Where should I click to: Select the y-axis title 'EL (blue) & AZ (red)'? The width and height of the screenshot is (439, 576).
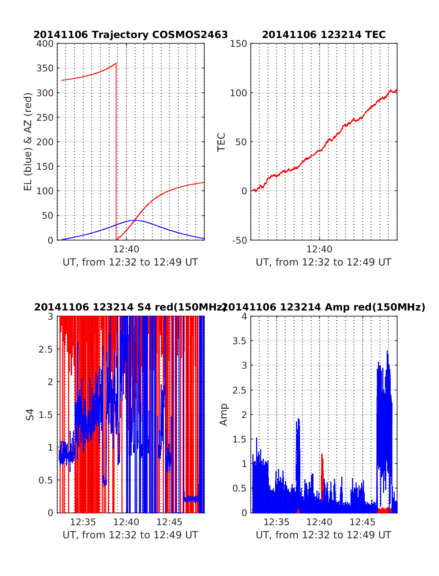(28, 142)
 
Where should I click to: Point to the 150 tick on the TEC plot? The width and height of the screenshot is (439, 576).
(239, 44)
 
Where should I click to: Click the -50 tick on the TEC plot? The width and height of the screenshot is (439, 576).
(240, 240)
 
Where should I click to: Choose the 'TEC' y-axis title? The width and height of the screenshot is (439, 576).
(221, 142)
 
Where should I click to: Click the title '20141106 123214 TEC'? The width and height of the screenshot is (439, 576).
(324, 35)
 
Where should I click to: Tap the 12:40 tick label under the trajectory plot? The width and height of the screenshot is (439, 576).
(126, 249)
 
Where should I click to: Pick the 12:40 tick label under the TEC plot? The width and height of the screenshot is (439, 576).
(319, 249)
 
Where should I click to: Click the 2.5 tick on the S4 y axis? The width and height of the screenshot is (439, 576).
(46, 349)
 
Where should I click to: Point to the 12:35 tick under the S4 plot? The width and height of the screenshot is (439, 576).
(83, 522)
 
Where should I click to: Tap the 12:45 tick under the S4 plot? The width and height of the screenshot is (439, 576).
(169, 522)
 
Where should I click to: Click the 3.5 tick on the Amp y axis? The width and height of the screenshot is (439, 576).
(240, 341)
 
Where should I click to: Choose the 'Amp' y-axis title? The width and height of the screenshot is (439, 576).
(223, 415)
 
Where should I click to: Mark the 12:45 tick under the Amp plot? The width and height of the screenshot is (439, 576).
(363, 522)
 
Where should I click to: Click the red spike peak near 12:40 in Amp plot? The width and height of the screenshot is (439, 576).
(322, 455)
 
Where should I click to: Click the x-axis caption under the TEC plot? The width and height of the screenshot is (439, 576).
(323, 262)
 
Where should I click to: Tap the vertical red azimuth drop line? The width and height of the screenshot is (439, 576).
(116, 154)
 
